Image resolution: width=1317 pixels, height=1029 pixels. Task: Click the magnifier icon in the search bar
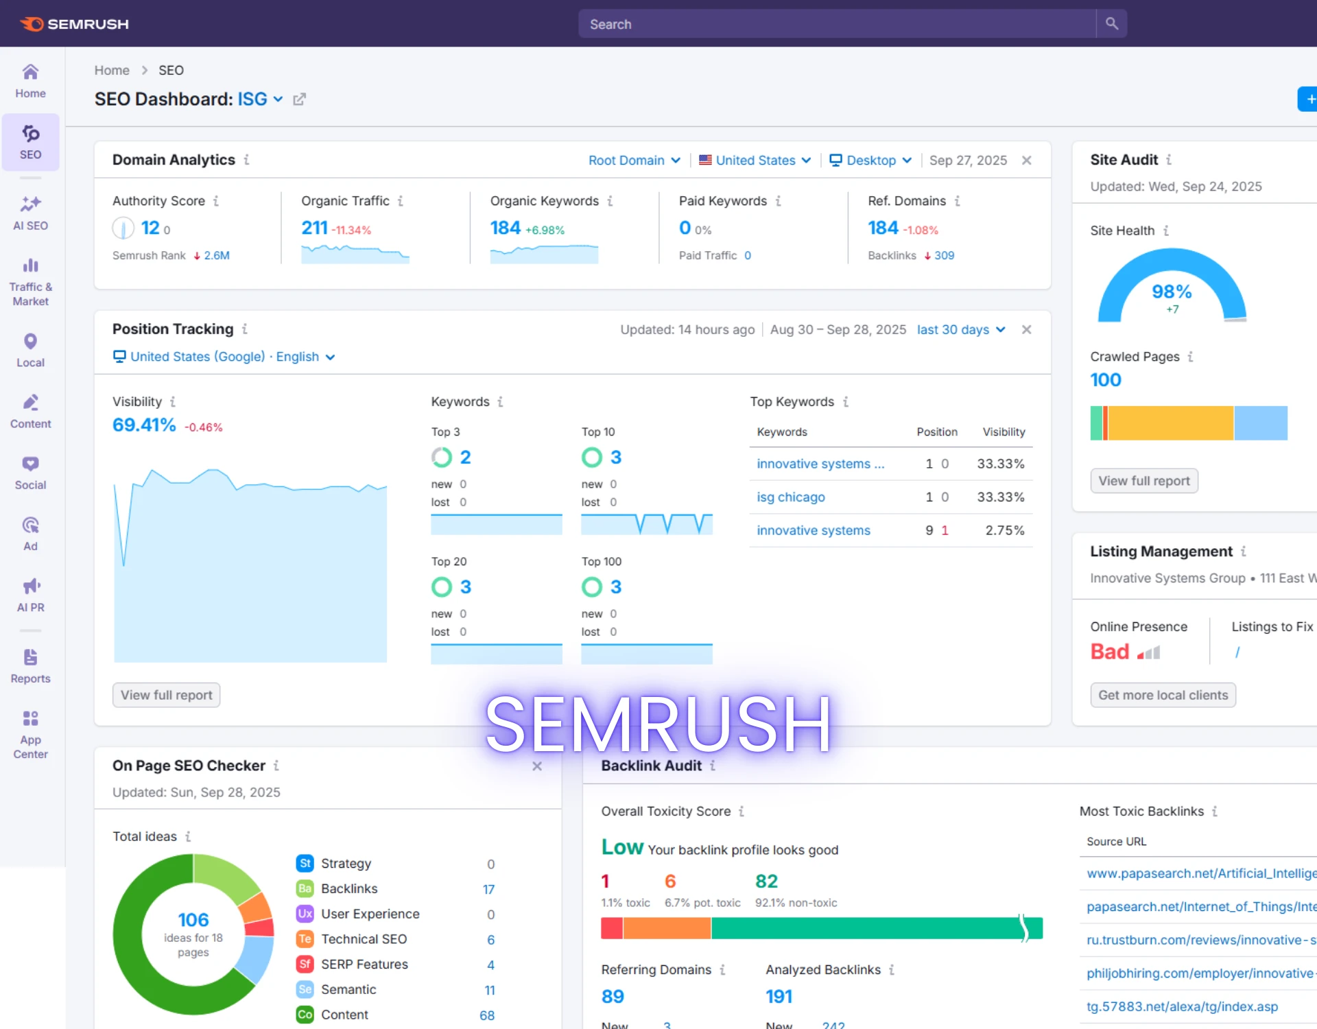tap(1111, 24)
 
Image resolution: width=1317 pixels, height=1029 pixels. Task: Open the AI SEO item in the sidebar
tap(30, 213)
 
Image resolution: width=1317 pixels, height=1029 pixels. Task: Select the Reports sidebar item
tap(30, 666)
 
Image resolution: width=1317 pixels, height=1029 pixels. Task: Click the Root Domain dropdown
tap(634, 160)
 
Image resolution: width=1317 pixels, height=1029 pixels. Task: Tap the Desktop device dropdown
tap(870, 160)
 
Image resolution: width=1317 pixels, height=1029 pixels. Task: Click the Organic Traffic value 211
tap(314, 228)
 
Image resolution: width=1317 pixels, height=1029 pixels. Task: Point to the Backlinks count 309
tap(944, 255)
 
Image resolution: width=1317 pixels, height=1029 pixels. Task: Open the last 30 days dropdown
tap(960, 329)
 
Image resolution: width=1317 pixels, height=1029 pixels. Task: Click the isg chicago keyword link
tap(790, 497)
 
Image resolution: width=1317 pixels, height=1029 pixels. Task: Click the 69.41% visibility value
tap(144, 425)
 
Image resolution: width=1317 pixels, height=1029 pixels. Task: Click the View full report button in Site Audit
tap(1143, 481)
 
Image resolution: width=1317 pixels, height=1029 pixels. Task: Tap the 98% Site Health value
tap(1172, 292)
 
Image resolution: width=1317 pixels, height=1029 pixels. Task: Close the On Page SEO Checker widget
tap(537, 766)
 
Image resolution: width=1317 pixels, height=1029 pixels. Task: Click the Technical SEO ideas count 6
tap(490, 940)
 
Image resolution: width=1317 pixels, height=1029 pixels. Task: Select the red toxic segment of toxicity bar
tap(611, 928)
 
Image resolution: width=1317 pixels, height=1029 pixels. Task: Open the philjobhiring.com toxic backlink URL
tap(1200, 973)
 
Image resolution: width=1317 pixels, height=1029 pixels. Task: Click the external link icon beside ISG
tap(299, 99)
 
